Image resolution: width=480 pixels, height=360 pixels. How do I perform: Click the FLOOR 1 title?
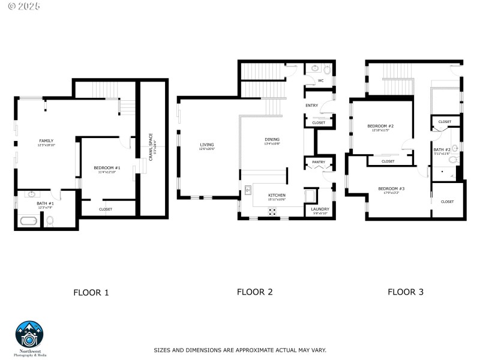[91, 293]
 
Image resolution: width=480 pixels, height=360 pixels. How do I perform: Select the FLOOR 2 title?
[254, 292]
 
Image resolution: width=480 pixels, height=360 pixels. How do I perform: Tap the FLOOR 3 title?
[405, 292]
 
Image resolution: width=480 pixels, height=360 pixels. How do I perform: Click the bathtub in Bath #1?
[29, 221]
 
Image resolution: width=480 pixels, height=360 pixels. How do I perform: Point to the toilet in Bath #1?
[50, 221]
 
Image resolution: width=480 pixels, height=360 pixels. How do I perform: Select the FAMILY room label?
[46, 141]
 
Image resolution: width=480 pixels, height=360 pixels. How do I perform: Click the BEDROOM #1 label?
[107, 167]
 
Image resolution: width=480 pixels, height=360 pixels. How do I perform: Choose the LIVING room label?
[207, 145]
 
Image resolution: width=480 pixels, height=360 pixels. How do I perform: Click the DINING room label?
[272, 140]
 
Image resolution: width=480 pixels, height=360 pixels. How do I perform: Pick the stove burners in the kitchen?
[272, 211]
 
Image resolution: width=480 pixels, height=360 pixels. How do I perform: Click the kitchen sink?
[247, 191]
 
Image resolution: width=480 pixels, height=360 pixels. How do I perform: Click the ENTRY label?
[311, 106]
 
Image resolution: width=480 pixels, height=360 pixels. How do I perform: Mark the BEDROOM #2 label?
[380, 125]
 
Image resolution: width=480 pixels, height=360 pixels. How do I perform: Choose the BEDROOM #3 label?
[391, 189]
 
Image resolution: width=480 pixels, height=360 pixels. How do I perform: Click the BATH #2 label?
[442, 149]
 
